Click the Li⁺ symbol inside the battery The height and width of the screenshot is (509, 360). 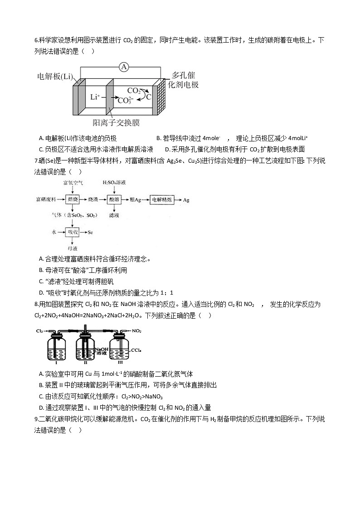coord(95,97)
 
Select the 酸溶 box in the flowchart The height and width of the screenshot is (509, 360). coord(114,199)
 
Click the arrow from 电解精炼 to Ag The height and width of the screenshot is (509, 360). coord(179,199)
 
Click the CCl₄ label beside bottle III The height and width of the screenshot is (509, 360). coord(137,350)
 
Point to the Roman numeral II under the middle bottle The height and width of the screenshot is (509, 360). coord(85,363)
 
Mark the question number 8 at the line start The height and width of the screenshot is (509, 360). coord(36,304)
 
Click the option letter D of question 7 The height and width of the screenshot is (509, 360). coord(41,292)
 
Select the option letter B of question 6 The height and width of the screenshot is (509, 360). coord(158,138)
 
